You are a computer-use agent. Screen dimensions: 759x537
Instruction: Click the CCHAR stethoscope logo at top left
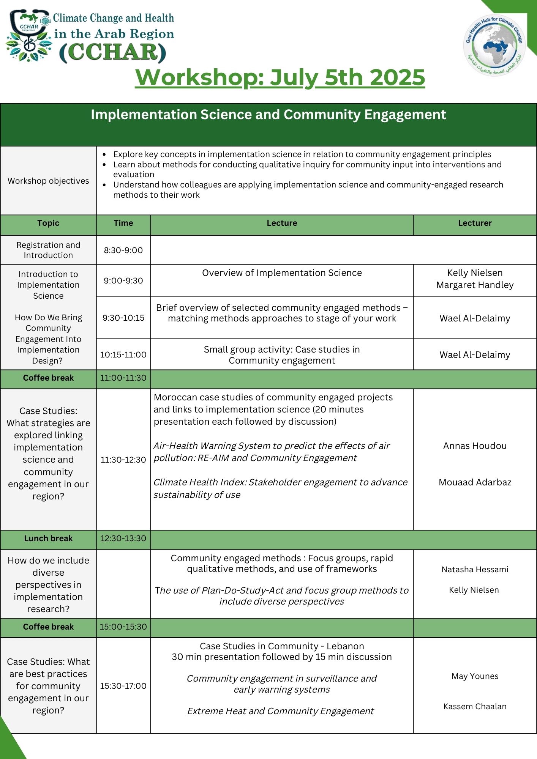coord(29,36)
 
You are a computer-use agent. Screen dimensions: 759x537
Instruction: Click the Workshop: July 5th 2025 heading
coord(280,77)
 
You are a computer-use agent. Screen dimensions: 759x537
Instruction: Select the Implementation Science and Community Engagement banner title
coord(268,115)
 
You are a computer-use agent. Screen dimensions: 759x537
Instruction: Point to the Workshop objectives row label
coord(48,181)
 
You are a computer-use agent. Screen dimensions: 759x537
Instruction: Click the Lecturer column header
coord(475,223)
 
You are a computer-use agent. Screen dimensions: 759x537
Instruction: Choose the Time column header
coord(123,223)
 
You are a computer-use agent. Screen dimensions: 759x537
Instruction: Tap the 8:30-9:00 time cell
coord(123,250)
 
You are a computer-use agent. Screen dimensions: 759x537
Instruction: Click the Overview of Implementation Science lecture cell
coord(282,273)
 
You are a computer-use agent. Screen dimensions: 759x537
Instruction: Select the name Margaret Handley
coord(475,285)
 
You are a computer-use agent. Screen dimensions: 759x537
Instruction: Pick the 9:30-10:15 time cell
coord(123,318)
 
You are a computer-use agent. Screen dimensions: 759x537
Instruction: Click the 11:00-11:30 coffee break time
coord(123,378)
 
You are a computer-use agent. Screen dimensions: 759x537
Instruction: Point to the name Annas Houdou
coord(475,446)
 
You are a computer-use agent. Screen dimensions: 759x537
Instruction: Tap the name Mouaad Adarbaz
coord(475,482)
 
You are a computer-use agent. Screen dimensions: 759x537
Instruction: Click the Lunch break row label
coord(48,539)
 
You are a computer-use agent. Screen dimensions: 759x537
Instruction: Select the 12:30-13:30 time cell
coord(123,539)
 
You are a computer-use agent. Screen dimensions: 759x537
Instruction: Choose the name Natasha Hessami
coord(475,569)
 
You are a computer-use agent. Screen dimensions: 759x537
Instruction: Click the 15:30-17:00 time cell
coord(123,686)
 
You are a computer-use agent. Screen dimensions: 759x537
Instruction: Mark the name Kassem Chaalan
coord(475,706)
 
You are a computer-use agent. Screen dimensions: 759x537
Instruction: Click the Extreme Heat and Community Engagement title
coord(281,711)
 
